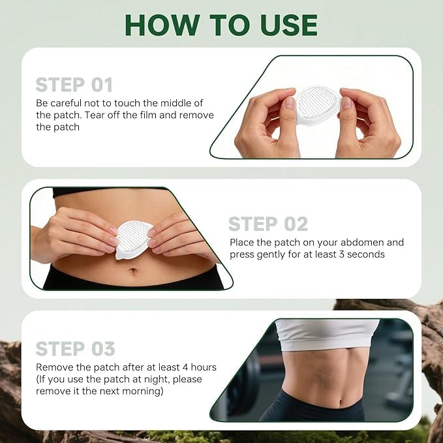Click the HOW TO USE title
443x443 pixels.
point(221,25)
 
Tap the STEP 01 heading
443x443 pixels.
point(74,85)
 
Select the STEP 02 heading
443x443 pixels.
point(268,224)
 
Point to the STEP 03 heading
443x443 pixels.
point(76,349)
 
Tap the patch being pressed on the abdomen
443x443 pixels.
point(133,239)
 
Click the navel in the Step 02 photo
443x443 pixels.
point(133,271)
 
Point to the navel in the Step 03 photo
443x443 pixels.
point(343,401)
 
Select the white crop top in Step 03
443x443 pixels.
point(327,334)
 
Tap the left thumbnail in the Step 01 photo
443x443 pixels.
point(290,103)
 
